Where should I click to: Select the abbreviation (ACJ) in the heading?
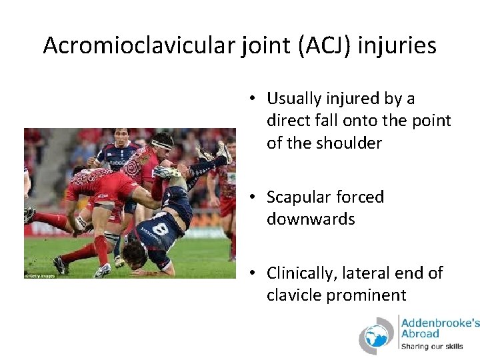pyautogui.click(x=326, y=45)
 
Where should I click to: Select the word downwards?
pyautogui.click(x=311, y=219)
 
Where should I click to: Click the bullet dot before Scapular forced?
pyautogui.click(x=254, y=198)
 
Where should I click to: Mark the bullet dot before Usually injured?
pyautogui.click(x=254, y=99)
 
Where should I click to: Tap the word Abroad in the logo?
pyautogui.click(x=420, y=333)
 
